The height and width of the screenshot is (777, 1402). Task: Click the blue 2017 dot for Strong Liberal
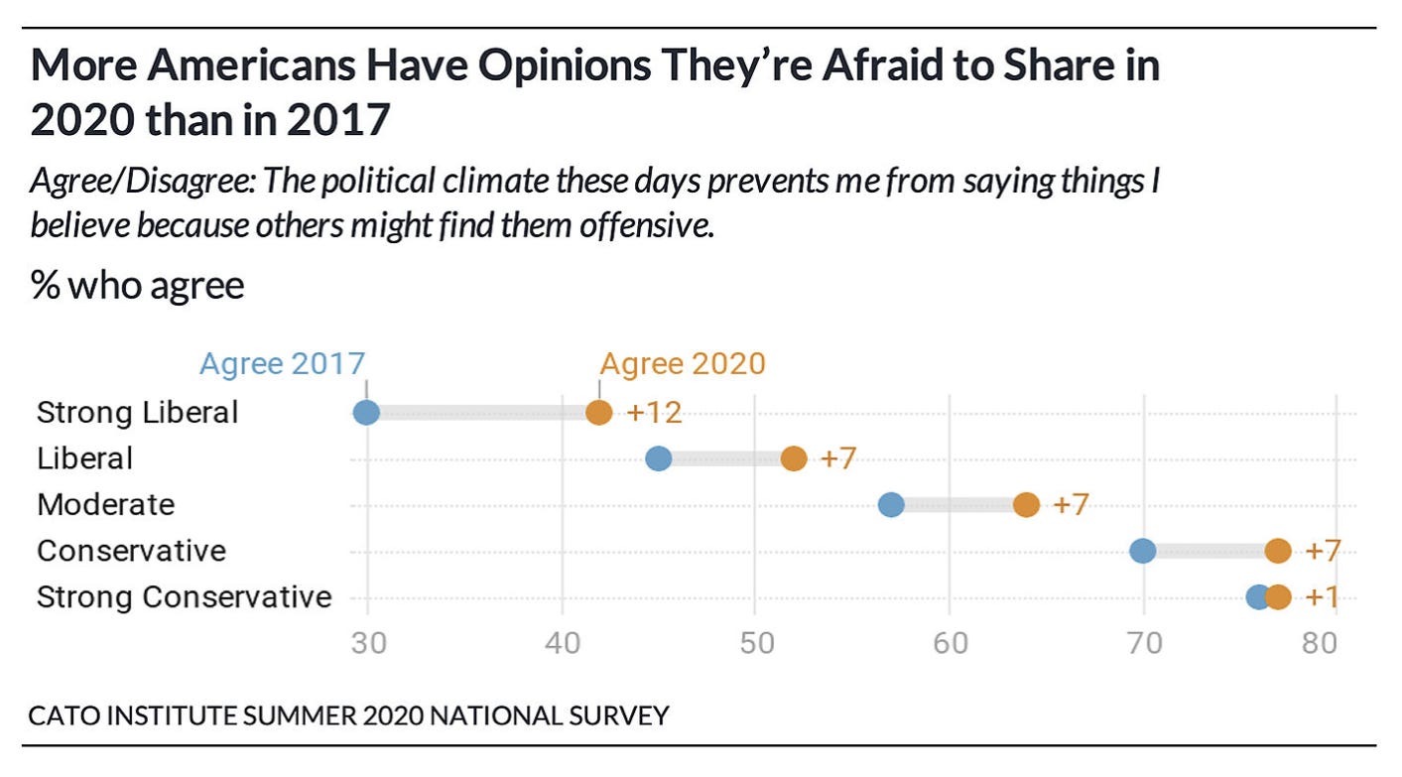(366, 412)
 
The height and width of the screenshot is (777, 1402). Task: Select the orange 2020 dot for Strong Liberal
(598, 412)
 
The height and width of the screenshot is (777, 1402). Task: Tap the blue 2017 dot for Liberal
(658, 458)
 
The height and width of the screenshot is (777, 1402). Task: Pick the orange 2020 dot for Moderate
(1026, 504)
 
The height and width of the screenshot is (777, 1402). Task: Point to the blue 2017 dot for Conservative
(1143, 551)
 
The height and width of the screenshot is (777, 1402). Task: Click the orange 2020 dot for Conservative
(1278, 551)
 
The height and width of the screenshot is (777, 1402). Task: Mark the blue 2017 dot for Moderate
(891, 504)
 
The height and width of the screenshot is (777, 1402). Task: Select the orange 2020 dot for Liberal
(794, 458)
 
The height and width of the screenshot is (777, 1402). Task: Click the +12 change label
(654, 413)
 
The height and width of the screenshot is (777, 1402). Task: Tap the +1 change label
(1324, 597)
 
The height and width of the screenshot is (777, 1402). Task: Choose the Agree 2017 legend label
(283, 363)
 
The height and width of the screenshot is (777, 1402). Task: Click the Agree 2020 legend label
(683, 363)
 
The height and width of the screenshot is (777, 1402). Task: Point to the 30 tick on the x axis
(367, 643)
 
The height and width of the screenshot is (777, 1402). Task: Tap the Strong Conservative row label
(184, 597)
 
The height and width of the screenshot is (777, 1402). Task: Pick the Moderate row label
(105, 504)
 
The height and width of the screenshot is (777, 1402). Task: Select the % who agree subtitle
(137, 286)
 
